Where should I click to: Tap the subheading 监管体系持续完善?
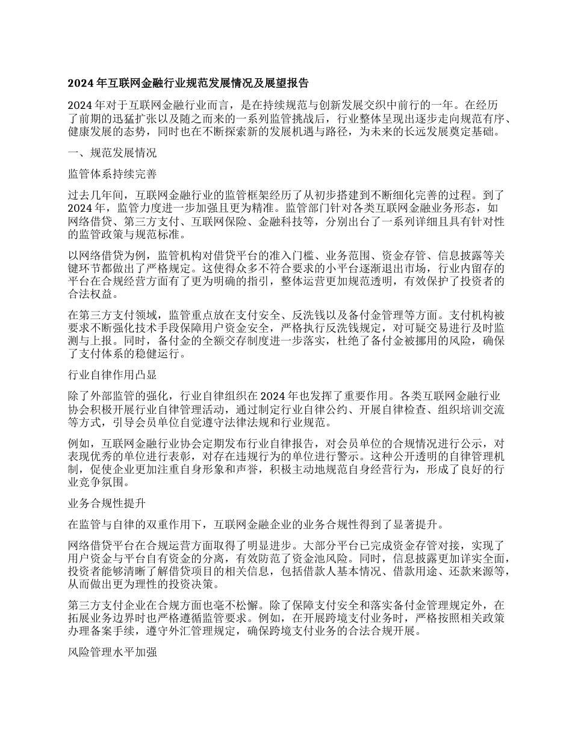click(113, 174)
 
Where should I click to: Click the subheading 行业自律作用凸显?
click(113, 375)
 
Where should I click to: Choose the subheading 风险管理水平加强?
click(113, 652)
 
